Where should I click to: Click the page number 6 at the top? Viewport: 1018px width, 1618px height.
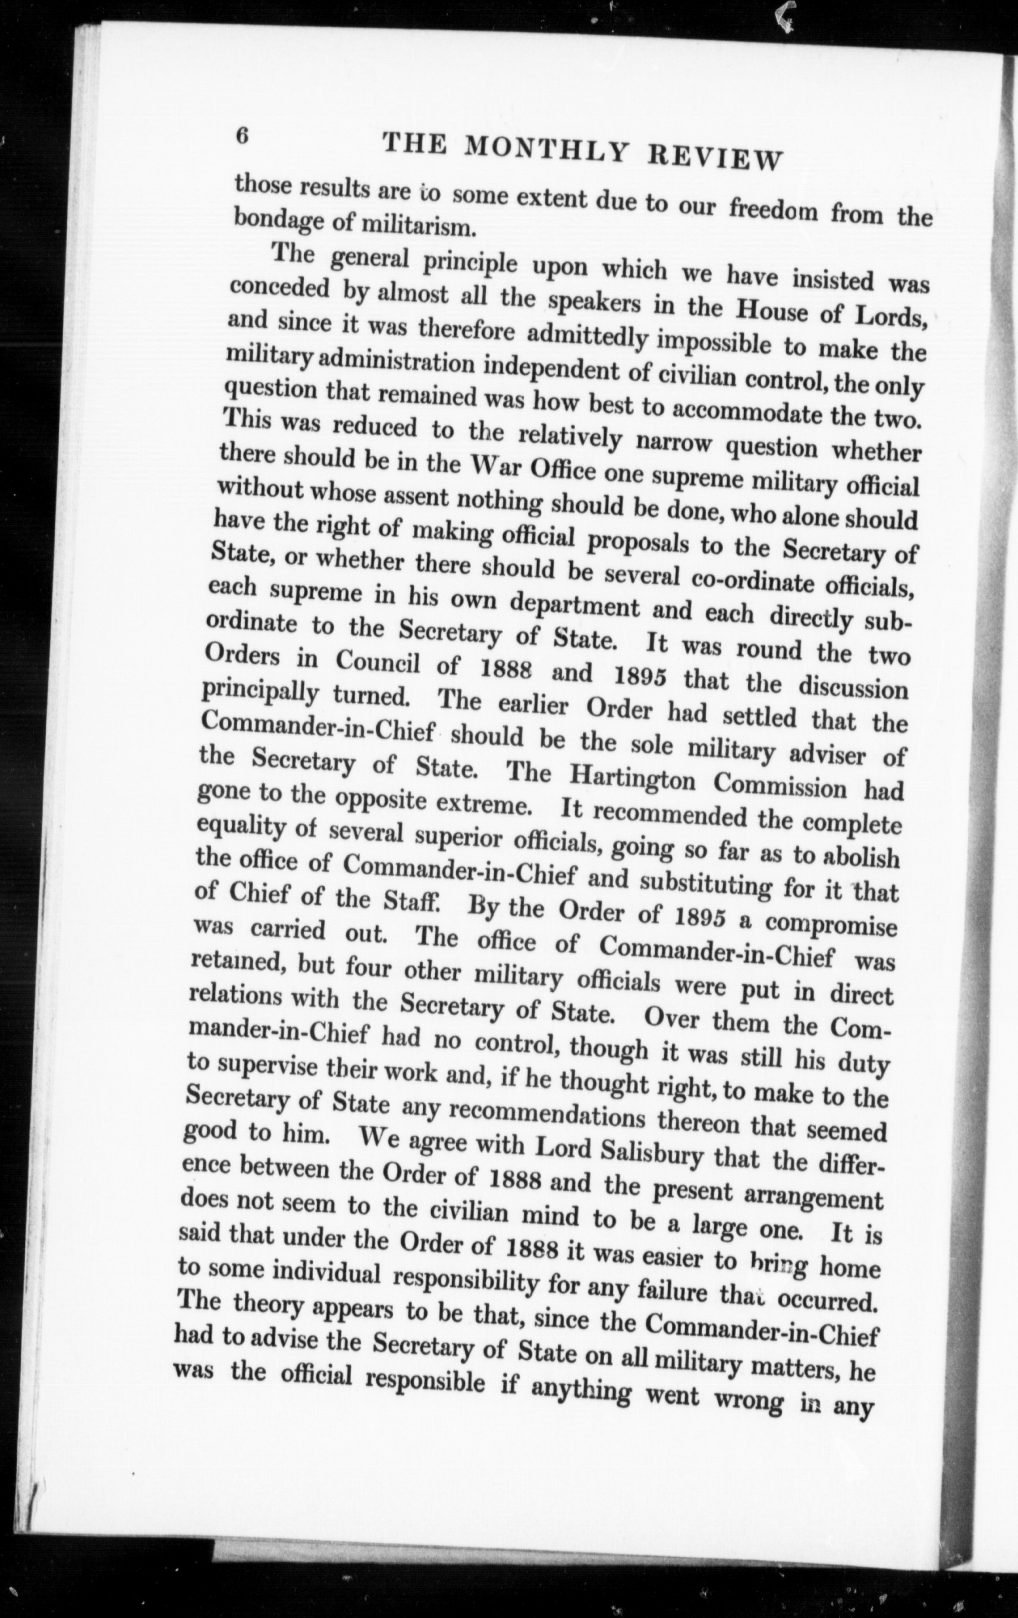[x=242, y=135]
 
